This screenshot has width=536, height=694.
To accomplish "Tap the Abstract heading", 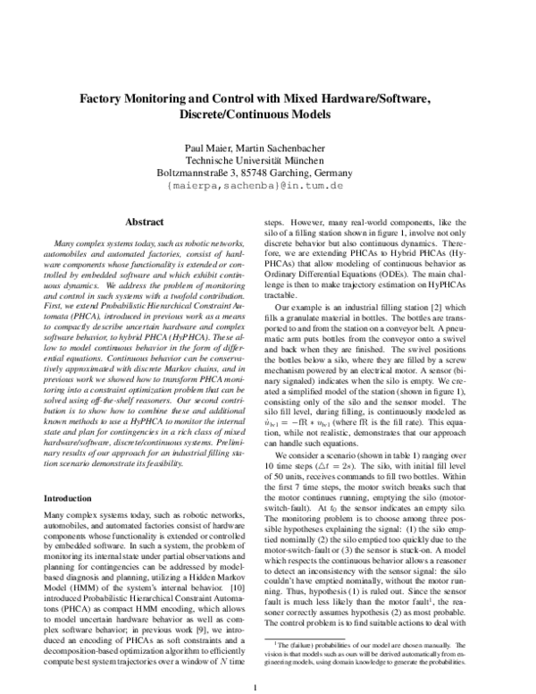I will [x=143, y=221].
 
